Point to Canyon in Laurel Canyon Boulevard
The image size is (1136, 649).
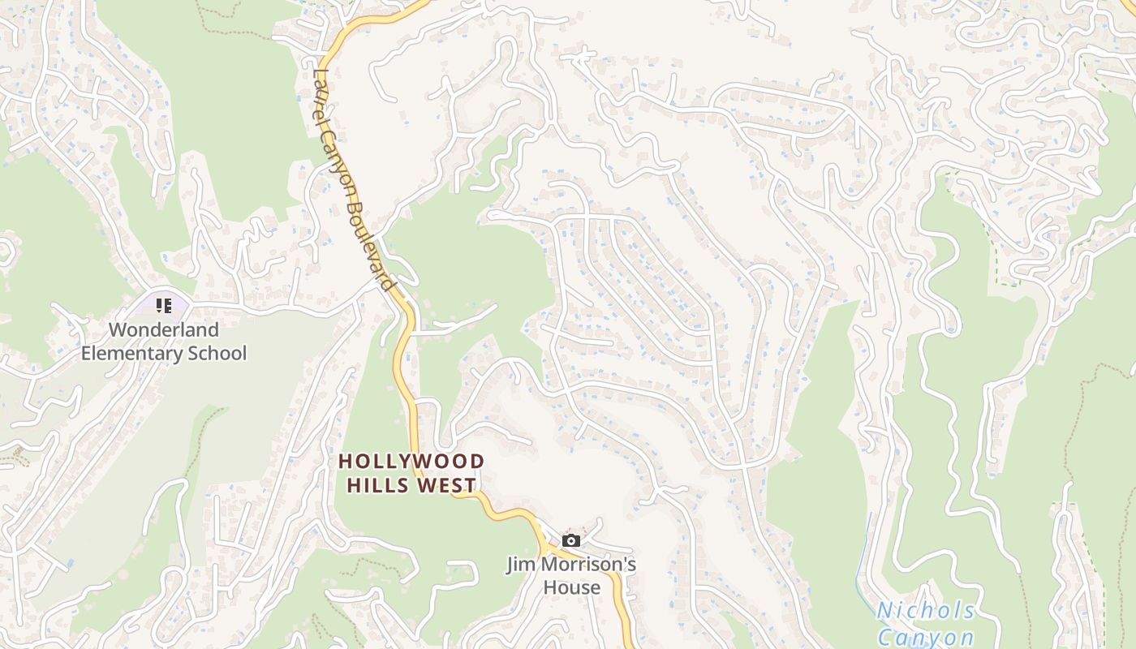339,162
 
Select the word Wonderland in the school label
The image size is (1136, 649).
164,330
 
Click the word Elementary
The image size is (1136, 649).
133,354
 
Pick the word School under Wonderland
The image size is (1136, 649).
217,354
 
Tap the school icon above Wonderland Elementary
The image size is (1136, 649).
164,306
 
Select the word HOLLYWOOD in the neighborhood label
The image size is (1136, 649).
411,462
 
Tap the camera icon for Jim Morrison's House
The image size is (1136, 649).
571,540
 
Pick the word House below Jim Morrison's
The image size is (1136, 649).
572,587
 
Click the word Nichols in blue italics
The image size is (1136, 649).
926,611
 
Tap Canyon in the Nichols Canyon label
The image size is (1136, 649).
926,638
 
